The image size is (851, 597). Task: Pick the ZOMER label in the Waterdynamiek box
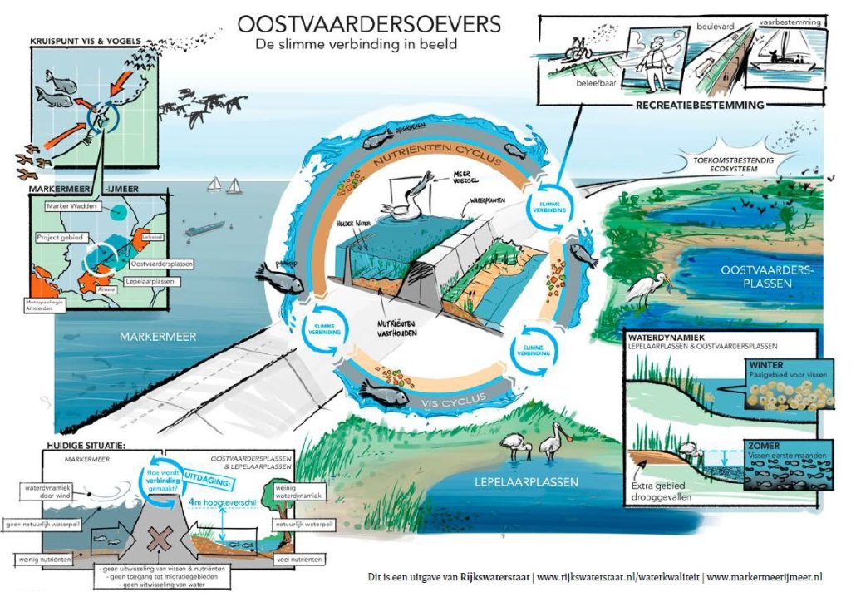click(x=764, y=446)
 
